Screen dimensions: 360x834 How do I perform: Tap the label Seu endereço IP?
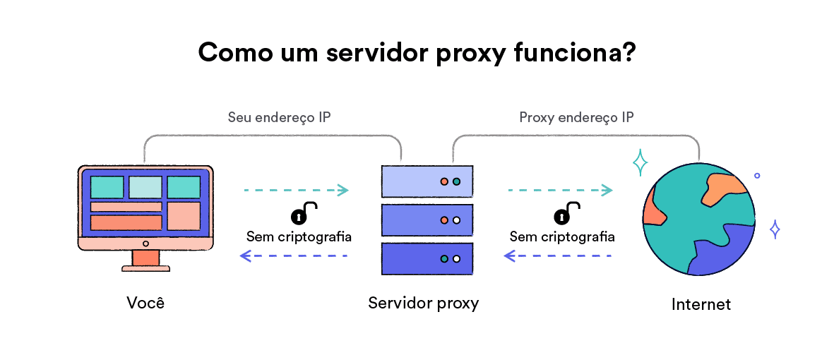tap(279, 117)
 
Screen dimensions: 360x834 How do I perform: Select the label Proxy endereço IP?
tap(576, 117)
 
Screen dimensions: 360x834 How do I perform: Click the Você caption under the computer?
tap(145, 303)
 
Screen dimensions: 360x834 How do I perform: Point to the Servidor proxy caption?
tap(423, 303)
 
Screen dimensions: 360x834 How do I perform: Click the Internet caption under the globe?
tap(701, 304)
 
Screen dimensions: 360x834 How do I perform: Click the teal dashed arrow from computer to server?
tap(296, 190)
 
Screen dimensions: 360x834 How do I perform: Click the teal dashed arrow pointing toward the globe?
tap(559, 190)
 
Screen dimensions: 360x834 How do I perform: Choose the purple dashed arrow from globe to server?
tap(557, 256)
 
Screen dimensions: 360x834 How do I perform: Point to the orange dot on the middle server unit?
tap(444, 220)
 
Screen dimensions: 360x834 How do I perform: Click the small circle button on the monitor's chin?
tap(145, 244)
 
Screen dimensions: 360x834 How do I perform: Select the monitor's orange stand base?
tap(145, 267)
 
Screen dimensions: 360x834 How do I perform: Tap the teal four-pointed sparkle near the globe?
tap(640, 163)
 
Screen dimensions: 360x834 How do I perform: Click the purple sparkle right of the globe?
tap(775, 229)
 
